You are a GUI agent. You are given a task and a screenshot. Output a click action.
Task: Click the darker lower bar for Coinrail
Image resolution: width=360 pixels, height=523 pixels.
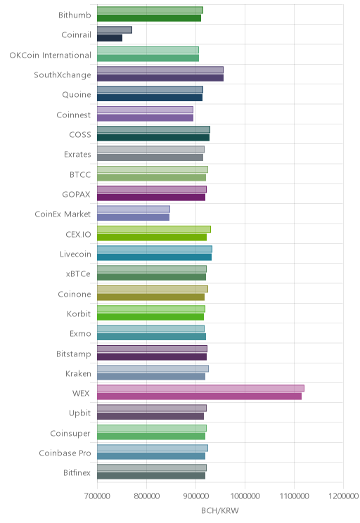110,38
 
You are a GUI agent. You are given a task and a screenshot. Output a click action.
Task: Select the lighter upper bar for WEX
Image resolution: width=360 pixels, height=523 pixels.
200,388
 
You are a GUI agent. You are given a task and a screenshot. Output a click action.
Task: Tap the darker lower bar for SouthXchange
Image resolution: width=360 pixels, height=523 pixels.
160,78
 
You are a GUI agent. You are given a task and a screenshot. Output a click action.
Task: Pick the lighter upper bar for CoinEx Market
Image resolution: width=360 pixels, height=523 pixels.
134,209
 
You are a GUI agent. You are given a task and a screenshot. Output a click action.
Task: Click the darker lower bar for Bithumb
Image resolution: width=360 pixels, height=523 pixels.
149,18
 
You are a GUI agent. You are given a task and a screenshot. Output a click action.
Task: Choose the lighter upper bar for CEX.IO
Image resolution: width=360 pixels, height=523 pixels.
154,229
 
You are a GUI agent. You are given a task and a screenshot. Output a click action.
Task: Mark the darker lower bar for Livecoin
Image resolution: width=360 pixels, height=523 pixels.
154,257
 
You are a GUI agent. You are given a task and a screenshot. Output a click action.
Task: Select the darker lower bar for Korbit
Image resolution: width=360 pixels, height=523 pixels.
150,317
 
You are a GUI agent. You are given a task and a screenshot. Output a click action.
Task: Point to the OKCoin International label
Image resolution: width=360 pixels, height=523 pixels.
50,55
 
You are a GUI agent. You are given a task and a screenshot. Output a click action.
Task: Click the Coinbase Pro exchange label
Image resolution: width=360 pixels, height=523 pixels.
65,453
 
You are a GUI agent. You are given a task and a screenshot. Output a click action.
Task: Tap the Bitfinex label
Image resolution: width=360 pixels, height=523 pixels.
77,472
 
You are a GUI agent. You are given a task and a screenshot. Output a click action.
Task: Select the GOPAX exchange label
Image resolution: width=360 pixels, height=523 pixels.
76,195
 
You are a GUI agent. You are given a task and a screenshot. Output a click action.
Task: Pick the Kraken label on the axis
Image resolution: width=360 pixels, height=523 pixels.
78,373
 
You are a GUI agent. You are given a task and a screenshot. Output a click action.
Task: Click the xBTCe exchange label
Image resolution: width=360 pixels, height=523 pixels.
78,274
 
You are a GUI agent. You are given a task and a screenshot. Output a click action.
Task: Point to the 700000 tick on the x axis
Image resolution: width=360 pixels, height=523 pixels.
98,496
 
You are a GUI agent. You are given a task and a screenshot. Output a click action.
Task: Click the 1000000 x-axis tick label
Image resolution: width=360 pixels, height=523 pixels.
245,496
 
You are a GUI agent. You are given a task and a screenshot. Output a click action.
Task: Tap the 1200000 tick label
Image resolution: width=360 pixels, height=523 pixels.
343,496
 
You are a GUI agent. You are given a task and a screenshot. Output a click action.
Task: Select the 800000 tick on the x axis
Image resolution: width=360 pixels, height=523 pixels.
146,496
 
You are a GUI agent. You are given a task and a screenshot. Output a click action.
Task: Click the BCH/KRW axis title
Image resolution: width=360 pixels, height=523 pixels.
220,510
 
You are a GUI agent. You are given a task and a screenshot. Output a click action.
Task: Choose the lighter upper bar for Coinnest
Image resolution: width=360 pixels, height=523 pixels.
145,110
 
